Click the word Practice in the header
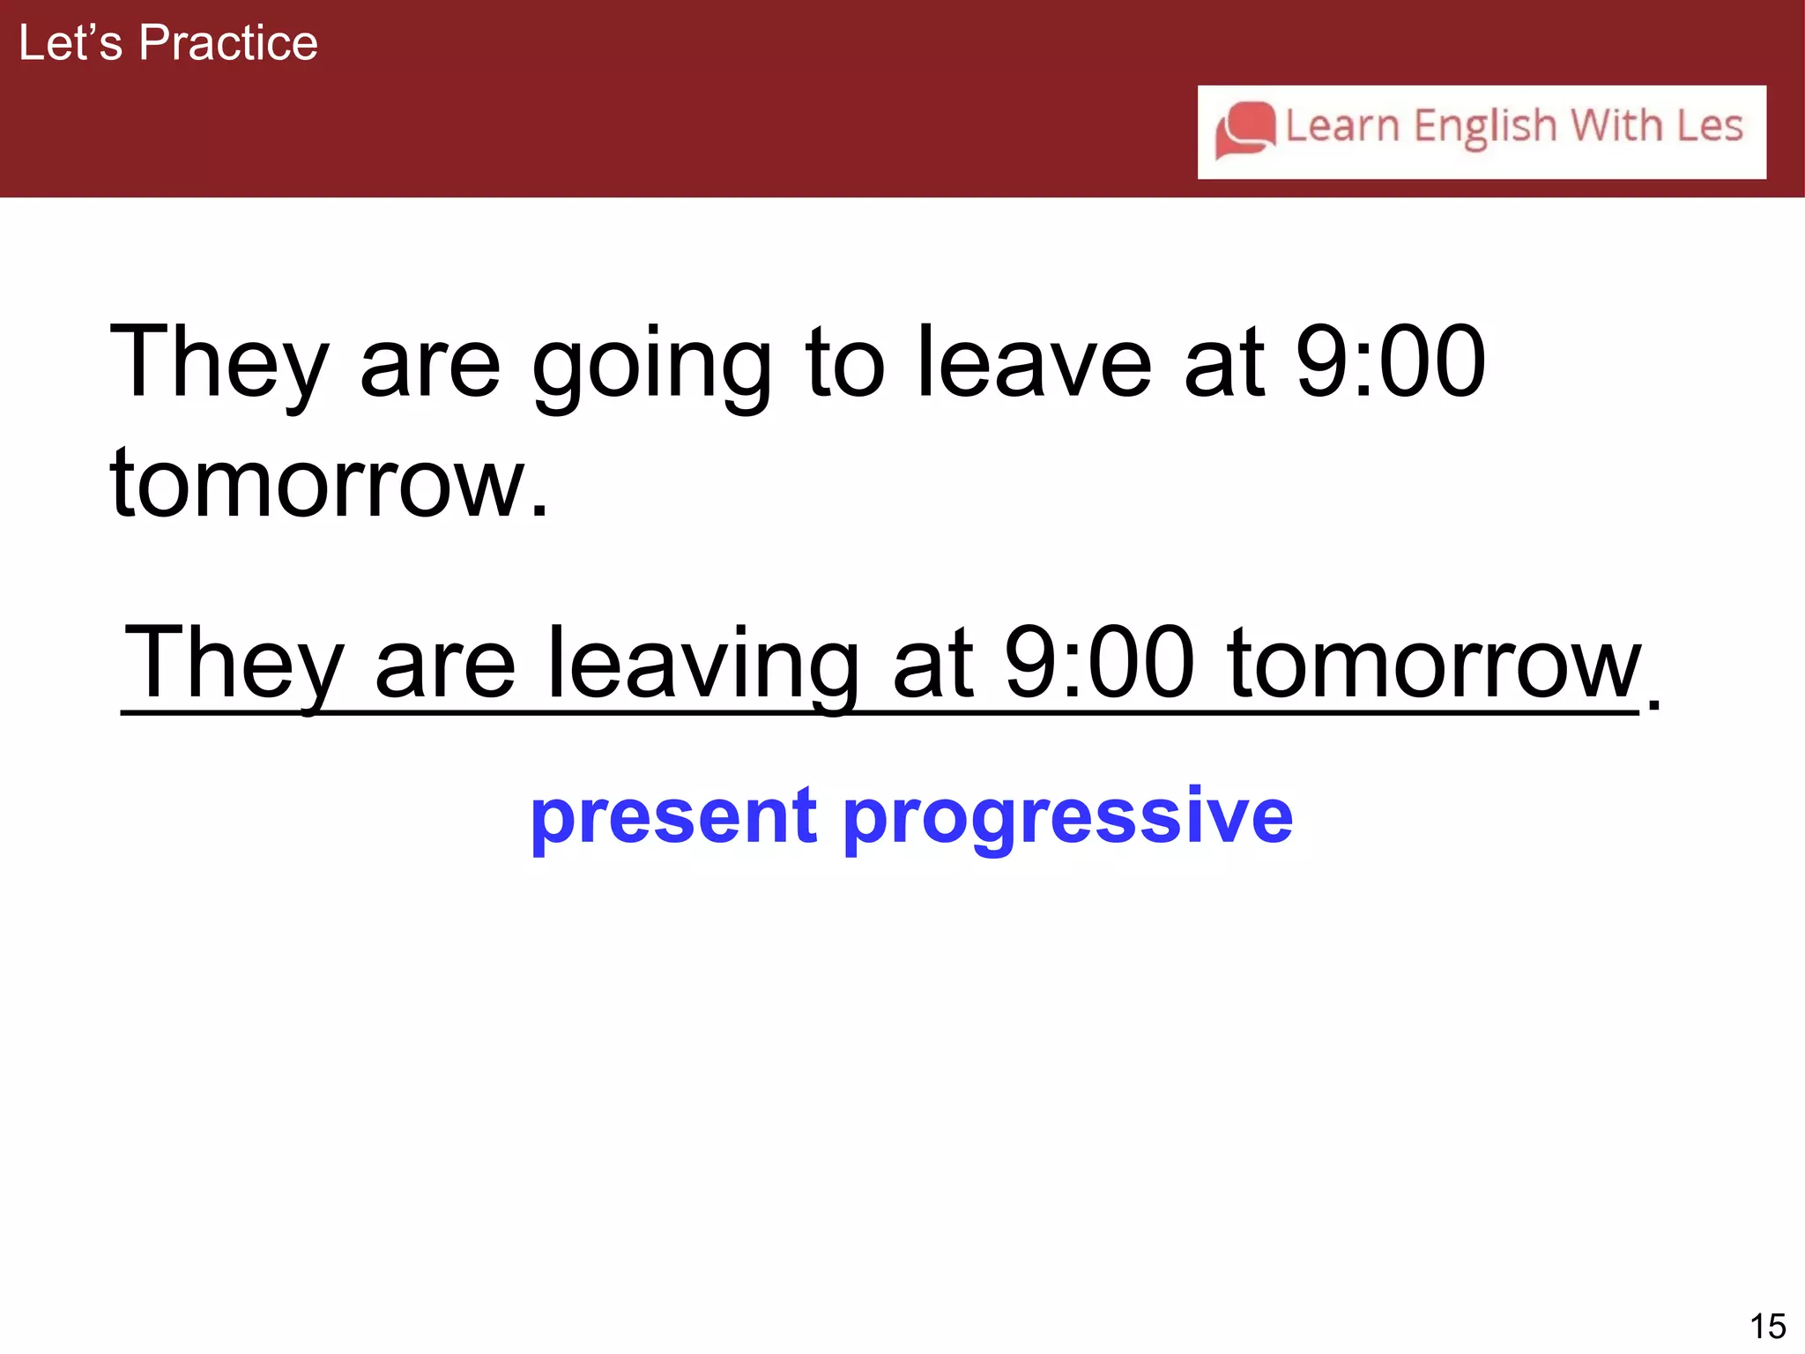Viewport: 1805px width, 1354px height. pyautogui.click(x=228, y=42)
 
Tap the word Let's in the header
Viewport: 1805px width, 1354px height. pyautogui.click(x=71, y=42)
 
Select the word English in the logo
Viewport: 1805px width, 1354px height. pyautogui.click(x=1485, y=127)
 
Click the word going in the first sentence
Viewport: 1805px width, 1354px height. pyautogui.click(x=652, y=363)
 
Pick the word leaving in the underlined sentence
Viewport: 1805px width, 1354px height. pyautogui.click(x=703, y=663)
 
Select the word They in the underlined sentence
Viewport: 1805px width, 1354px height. pyautogui.click(x=234, y=663)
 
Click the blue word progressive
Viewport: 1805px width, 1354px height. pyautogui.click(x=1067, y=816)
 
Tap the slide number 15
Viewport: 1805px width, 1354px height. pyautogui.click(x=1767, y=1326)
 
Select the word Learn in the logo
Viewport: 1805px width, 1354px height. pyautogui.click(x=1341, y=125)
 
